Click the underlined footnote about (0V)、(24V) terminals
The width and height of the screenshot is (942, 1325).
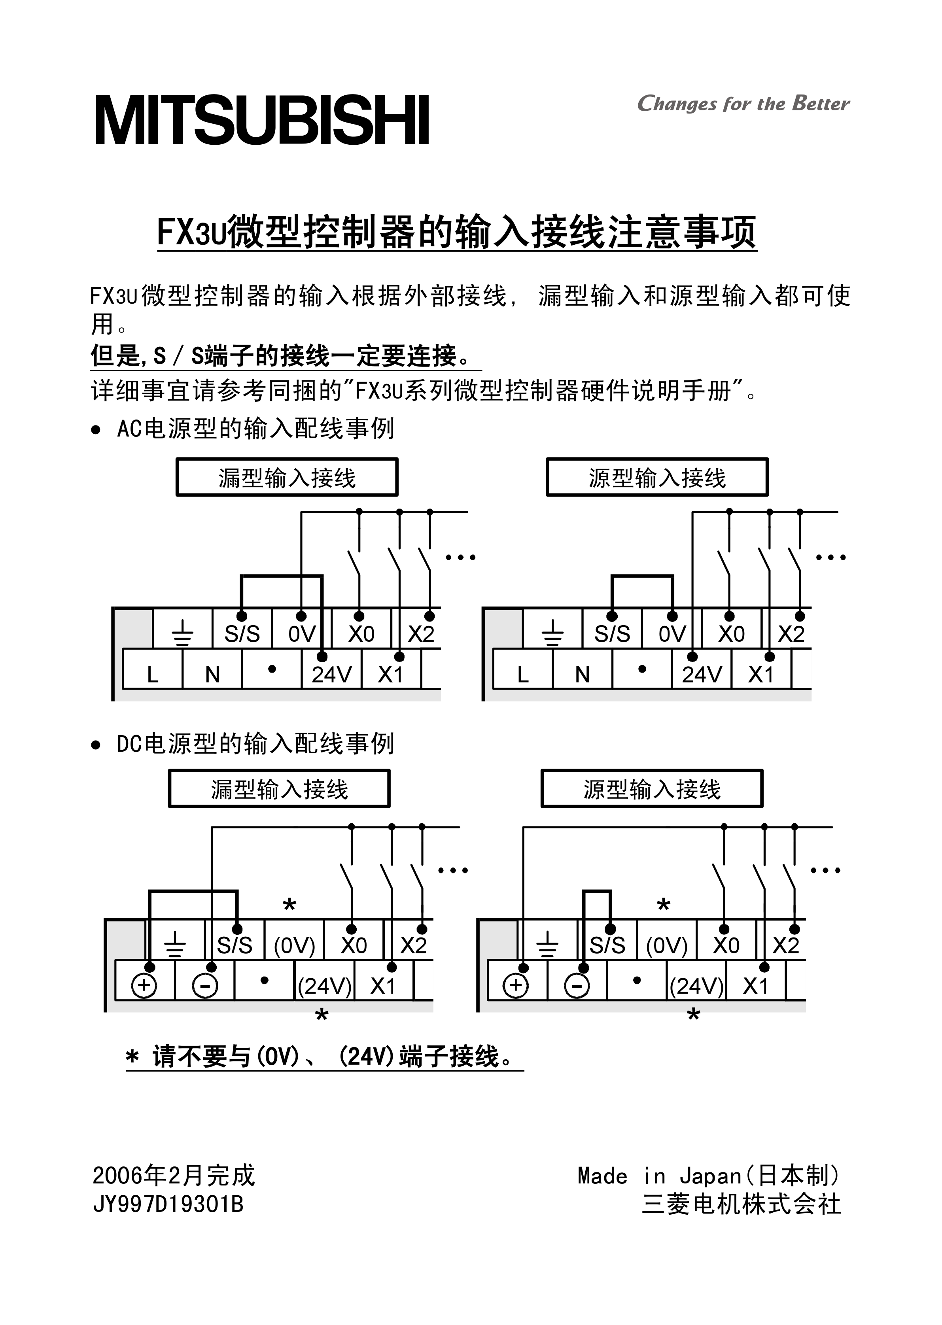coord(325,1056)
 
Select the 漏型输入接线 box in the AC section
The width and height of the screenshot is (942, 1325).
coord(287,477)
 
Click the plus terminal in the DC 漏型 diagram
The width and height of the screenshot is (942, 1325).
coord(144,986)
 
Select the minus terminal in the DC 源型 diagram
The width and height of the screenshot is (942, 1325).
coord(577,986)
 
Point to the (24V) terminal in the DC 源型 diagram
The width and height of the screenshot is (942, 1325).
coord(697,986)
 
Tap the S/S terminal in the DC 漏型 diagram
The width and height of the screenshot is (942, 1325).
coord(235,945)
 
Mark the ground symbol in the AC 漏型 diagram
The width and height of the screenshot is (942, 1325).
coord(183,633)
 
